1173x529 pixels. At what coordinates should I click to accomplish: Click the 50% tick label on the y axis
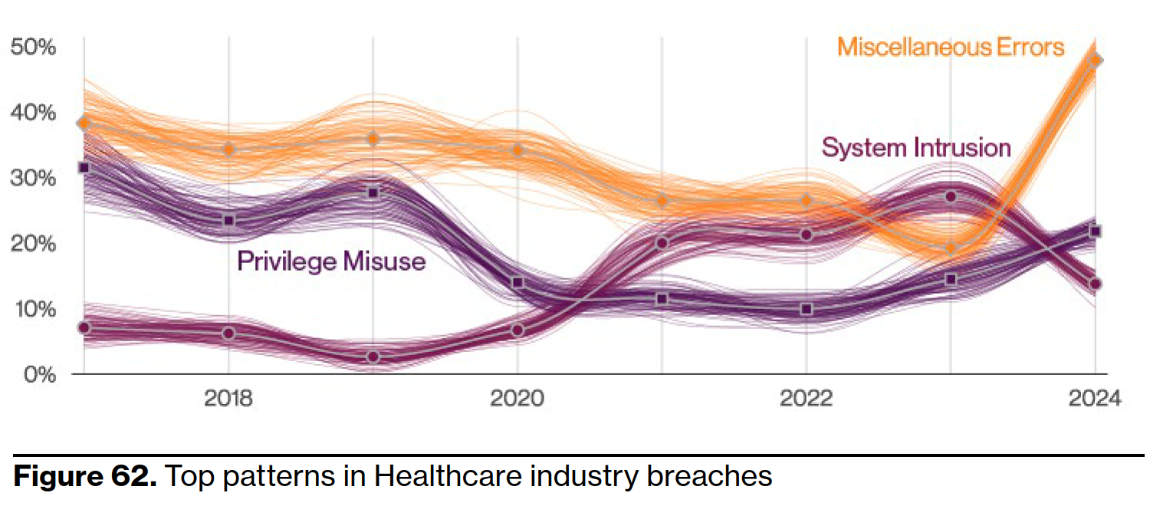tap(33, 48)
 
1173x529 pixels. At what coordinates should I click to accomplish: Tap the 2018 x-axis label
tap(228, 399)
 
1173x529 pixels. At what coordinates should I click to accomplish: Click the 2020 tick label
tap(517, 399)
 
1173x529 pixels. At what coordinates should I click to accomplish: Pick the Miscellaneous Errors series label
tap(951, 48)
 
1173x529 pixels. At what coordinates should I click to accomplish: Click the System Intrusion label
tap(916, 147)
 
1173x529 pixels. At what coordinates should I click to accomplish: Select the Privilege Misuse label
tap(331, 261)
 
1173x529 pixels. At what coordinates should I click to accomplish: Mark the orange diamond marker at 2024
tap(1096, 60)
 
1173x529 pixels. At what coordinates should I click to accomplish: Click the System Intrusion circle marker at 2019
tap(373, 357)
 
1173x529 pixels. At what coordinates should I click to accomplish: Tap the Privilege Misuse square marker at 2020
tap(517, 283)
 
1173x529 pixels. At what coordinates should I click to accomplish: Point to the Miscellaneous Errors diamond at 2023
tap(951, 248)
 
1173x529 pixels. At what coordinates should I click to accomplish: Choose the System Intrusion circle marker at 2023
tap(951, 197)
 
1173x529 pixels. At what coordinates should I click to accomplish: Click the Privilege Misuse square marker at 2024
tap(1096, 231)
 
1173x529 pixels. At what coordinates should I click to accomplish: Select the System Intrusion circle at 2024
tap(1096, 284)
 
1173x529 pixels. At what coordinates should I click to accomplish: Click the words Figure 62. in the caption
tap(85, 476)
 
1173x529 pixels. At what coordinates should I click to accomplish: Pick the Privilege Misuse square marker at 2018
tap(228, 221)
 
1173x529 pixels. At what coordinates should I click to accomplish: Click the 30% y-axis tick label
tap(33, 179)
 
